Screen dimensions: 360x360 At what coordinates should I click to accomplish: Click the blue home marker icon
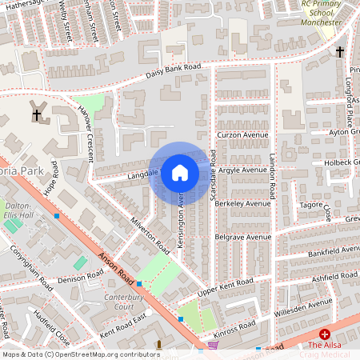[x=180, y=172]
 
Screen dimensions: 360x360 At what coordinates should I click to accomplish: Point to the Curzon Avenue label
[x=244, y=134]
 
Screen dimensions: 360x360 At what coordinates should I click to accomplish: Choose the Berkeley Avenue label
[x=244, y=203]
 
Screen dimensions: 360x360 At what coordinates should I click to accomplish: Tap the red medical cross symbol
[x=325, y=333]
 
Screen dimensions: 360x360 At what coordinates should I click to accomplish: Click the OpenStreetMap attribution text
[x=81, y=354]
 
